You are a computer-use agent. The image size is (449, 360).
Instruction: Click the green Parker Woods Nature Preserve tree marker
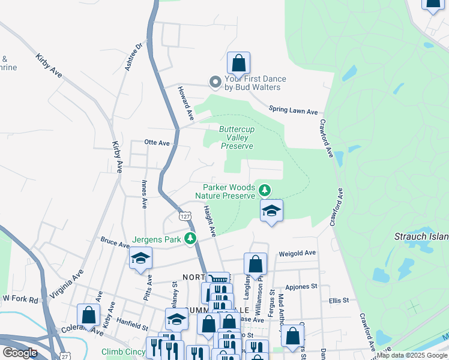265,191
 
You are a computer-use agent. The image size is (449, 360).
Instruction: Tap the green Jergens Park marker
191,239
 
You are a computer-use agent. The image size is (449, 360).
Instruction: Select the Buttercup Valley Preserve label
237,137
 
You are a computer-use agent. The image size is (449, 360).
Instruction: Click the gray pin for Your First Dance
214,82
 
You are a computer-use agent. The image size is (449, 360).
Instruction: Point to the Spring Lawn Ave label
293,111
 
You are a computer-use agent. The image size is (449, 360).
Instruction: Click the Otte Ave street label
157,143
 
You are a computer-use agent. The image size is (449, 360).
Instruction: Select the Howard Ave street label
185,101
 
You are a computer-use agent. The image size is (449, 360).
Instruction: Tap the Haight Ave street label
209,220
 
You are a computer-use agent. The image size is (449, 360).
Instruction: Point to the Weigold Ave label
297,253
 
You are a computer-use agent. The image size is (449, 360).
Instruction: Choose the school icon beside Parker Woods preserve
272,211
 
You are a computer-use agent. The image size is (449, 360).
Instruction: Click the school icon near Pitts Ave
140,259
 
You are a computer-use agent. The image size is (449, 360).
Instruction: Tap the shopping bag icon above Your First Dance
238,62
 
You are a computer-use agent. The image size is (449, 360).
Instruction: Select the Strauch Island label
421,237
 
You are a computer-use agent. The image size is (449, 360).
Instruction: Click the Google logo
20,352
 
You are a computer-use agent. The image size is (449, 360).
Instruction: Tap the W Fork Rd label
20,298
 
